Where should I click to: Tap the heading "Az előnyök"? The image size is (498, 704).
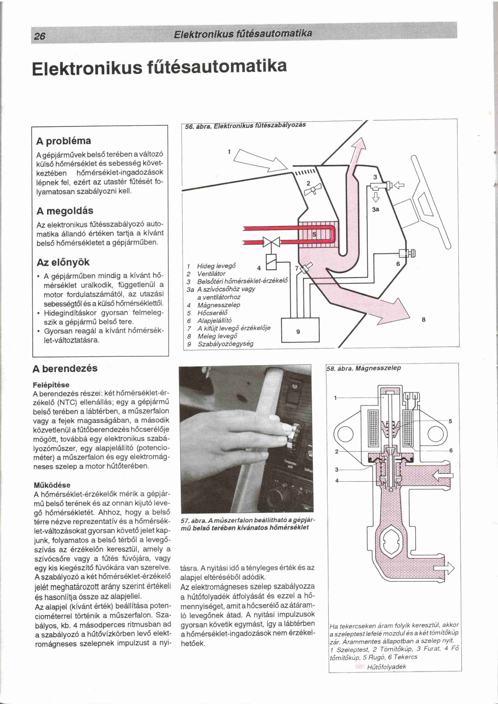pos(63,262)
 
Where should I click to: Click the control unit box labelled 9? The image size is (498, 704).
pos(300,330)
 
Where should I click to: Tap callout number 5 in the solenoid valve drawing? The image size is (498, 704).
pos(450,421)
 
